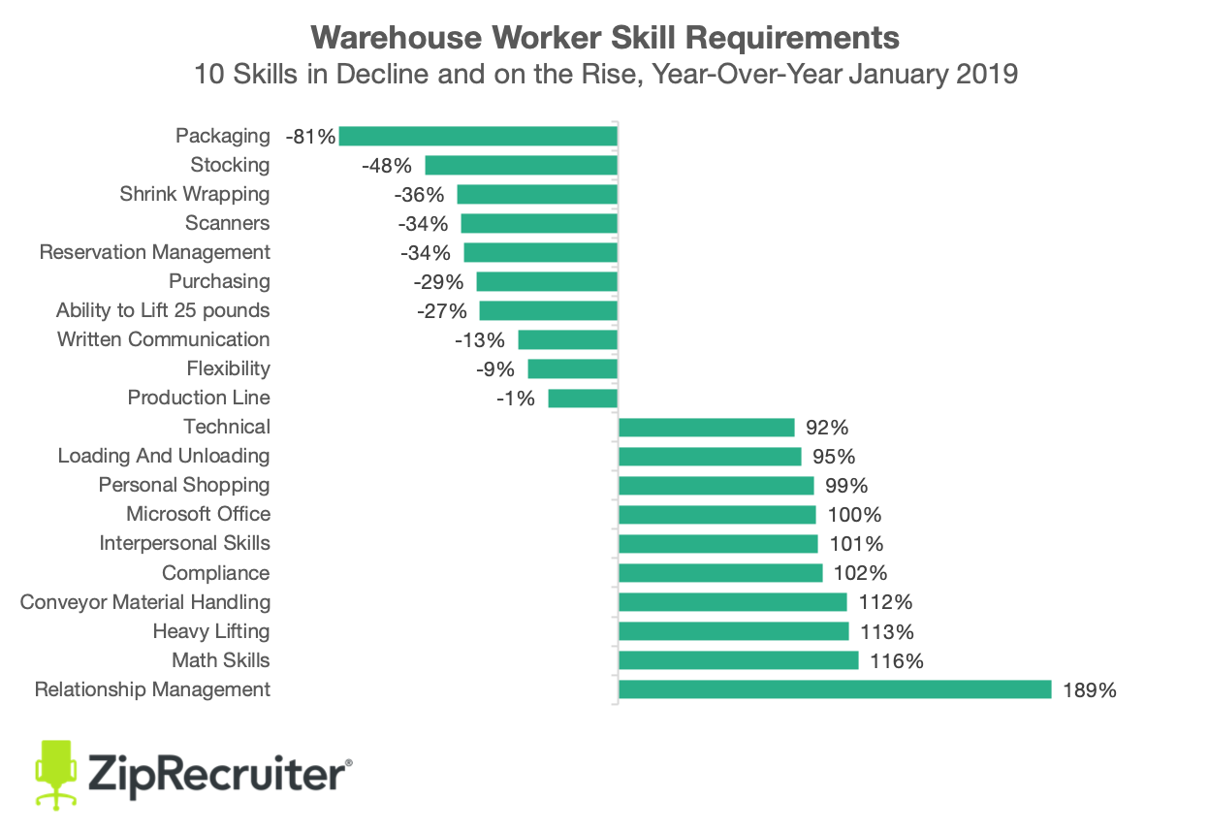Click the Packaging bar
point(478,136)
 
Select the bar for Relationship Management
point(835,689)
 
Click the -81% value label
point(310,137)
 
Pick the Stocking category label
point(230,165)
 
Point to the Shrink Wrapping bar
point(537,194)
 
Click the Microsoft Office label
point(198,514)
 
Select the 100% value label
point(856,515)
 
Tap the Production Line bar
point(583,398)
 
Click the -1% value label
point(515,399)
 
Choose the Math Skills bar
point(738,660)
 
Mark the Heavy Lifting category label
point(211,631)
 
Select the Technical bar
point(706,428)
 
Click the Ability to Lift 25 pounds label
point(163,310)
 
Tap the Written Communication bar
point(567,339)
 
